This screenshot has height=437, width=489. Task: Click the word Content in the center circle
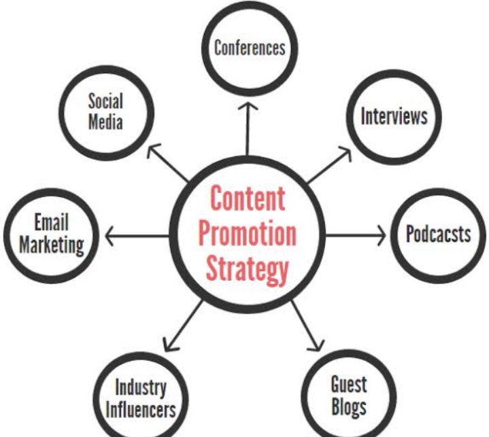click(x=247, y=199)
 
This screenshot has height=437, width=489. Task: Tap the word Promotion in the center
click(x=247, y=234)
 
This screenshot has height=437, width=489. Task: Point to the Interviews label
click(x=394, y=116)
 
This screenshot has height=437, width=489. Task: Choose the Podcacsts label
click(x=438, y=234)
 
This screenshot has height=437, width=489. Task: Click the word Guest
click(x=349, y=385)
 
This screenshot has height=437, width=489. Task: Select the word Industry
click(x=141, y=389)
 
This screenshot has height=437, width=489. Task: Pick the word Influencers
click(x=141, y=410)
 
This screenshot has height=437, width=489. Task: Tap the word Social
click(x=105, y=101)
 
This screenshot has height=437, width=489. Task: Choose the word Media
click(x=105, y=123)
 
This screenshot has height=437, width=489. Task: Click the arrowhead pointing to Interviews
click(x=345, y=154)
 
